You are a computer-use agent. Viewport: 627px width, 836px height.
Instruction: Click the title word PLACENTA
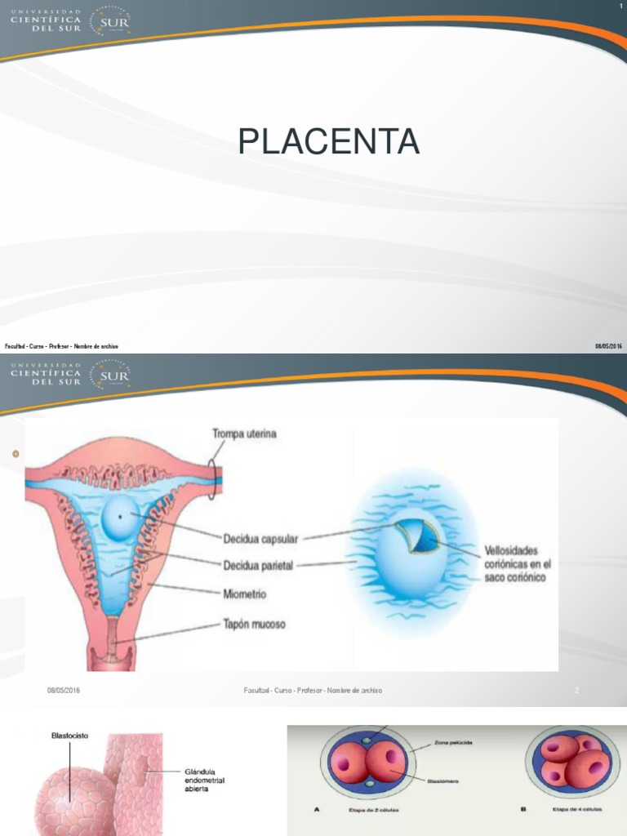coord(329,142)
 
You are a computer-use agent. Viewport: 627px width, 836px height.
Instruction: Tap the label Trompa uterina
coord(244,434)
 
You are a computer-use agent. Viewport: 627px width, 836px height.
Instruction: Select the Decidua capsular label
coord(260,539)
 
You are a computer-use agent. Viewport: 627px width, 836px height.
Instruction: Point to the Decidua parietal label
coord(258,565)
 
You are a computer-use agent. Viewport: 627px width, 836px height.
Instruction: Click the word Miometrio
coord(245,594)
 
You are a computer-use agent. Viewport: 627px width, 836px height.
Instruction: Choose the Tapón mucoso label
coord(254,625)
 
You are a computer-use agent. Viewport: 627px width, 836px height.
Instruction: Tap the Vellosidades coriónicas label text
coord(518,563)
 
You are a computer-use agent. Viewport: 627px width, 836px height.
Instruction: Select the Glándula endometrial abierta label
coord(202,780)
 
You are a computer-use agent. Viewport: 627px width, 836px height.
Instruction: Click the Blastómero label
coord(442,781)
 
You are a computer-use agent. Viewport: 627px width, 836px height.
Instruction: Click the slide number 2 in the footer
coord(576,691)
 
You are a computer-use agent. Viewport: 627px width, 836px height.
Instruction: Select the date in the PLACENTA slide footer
coord(608,346)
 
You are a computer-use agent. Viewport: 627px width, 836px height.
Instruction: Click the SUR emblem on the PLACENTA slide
coord(112,23)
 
